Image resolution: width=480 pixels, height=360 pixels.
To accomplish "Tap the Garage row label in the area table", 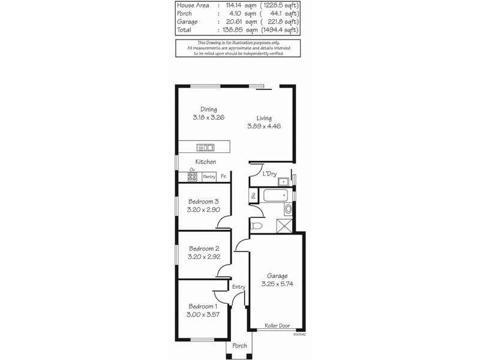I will pos(186,22).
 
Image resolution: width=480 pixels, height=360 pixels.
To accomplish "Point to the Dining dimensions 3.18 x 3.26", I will pos(209,118).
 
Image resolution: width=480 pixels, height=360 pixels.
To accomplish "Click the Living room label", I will pos(264,118).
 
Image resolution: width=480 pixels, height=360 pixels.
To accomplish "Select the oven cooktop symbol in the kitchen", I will pos(193,176).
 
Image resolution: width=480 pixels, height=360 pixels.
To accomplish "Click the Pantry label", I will pos(209,176).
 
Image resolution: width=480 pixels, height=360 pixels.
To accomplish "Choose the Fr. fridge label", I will pos(223,176).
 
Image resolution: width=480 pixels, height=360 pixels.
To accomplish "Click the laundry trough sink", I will pos(284,180).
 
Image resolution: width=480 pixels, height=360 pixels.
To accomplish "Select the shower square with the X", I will pos(283,226).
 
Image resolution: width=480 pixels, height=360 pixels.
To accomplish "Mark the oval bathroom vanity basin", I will pos(287,209).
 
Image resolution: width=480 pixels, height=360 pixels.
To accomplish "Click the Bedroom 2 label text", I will pos(204,248).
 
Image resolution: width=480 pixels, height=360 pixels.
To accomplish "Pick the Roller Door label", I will pos(277,326).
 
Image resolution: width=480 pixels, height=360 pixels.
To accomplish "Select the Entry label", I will pos(239,287).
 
